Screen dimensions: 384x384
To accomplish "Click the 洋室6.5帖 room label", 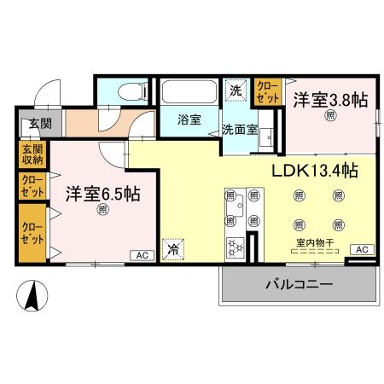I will point(102,193).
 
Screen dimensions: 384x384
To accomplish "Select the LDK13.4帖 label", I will point(314,171).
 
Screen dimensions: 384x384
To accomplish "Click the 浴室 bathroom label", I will point(189,120).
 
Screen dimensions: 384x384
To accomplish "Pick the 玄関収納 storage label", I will point(32,155).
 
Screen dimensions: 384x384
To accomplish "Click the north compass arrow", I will point(32,297).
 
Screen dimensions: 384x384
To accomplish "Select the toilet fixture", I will point(125,90).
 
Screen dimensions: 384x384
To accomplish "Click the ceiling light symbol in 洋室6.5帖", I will point(102,209).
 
